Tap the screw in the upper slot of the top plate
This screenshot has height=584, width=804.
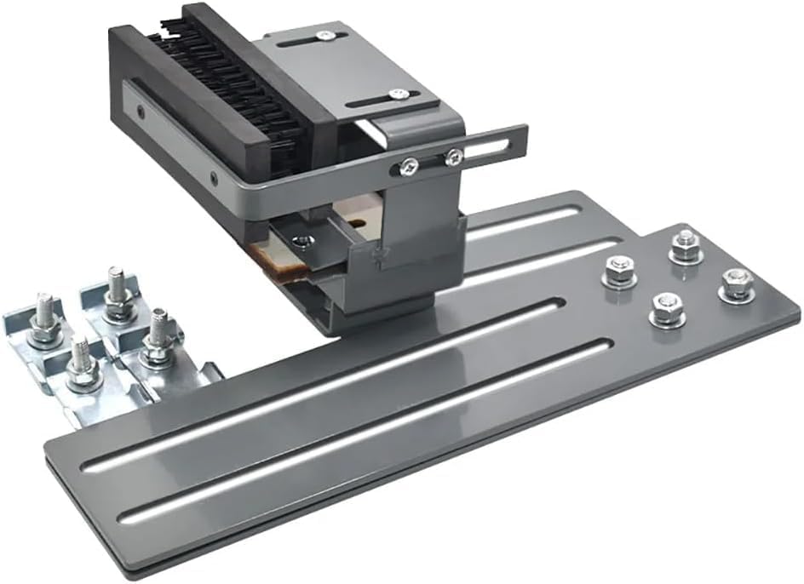pos(324,36)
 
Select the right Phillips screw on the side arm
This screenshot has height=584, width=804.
pos(454,156)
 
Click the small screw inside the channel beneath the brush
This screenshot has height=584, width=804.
pos(300,241)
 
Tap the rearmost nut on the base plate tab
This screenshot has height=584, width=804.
pos(686,246)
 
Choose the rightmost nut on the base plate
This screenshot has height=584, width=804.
pos(737,283)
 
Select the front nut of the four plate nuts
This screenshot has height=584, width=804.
pos(667,309)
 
